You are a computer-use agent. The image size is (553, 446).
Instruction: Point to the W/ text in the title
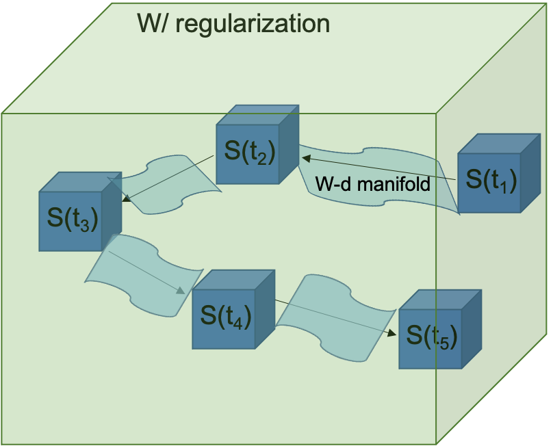pyautogui.click(x=152, y=23)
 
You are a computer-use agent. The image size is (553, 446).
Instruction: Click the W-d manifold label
pyautogui.click(x=372, y=184)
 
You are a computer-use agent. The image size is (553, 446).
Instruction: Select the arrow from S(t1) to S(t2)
pyautogui.click(x=376, y=169)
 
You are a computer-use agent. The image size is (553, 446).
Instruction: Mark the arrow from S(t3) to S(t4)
pyautogui.click(x=147, y=271)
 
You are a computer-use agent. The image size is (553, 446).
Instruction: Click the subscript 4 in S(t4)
pyautogui.click(x=237, y=324)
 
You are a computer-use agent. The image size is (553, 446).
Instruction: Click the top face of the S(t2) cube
pyautogui.click(x=257, y=115)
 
